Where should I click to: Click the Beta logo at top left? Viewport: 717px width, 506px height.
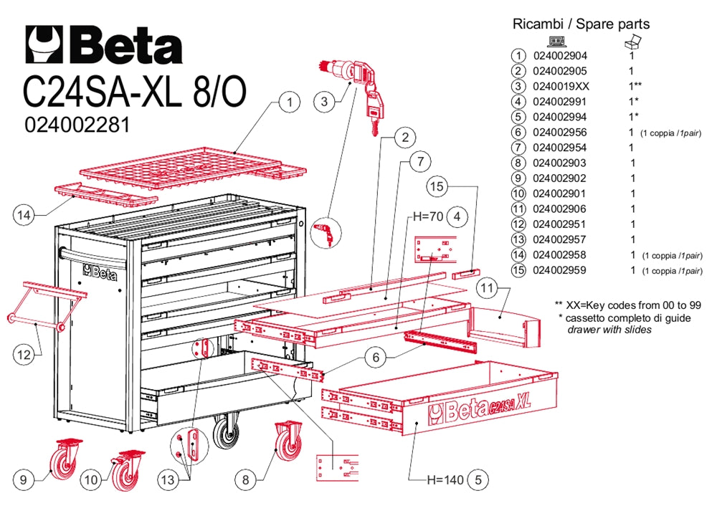(103, 45)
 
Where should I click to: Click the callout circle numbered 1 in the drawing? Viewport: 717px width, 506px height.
(289, 102)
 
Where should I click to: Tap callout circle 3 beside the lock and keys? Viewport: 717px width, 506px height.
(325, 102)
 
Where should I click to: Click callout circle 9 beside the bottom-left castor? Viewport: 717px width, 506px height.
(24, 479)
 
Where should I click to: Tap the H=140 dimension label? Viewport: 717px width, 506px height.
(444, 479)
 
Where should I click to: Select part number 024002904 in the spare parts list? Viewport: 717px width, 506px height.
(560, 55)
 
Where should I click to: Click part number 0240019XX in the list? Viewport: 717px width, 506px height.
(560, 86)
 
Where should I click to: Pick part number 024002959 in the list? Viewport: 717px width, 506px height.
(560, 270)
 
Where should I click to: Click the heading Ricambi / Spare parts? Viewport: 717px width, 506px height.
(581, 24)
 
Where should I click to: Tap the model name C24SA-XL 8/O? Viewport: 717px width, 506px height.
(135, 91)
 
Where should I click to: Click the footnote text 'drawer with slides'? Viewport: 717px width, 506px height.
(609, 330)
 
